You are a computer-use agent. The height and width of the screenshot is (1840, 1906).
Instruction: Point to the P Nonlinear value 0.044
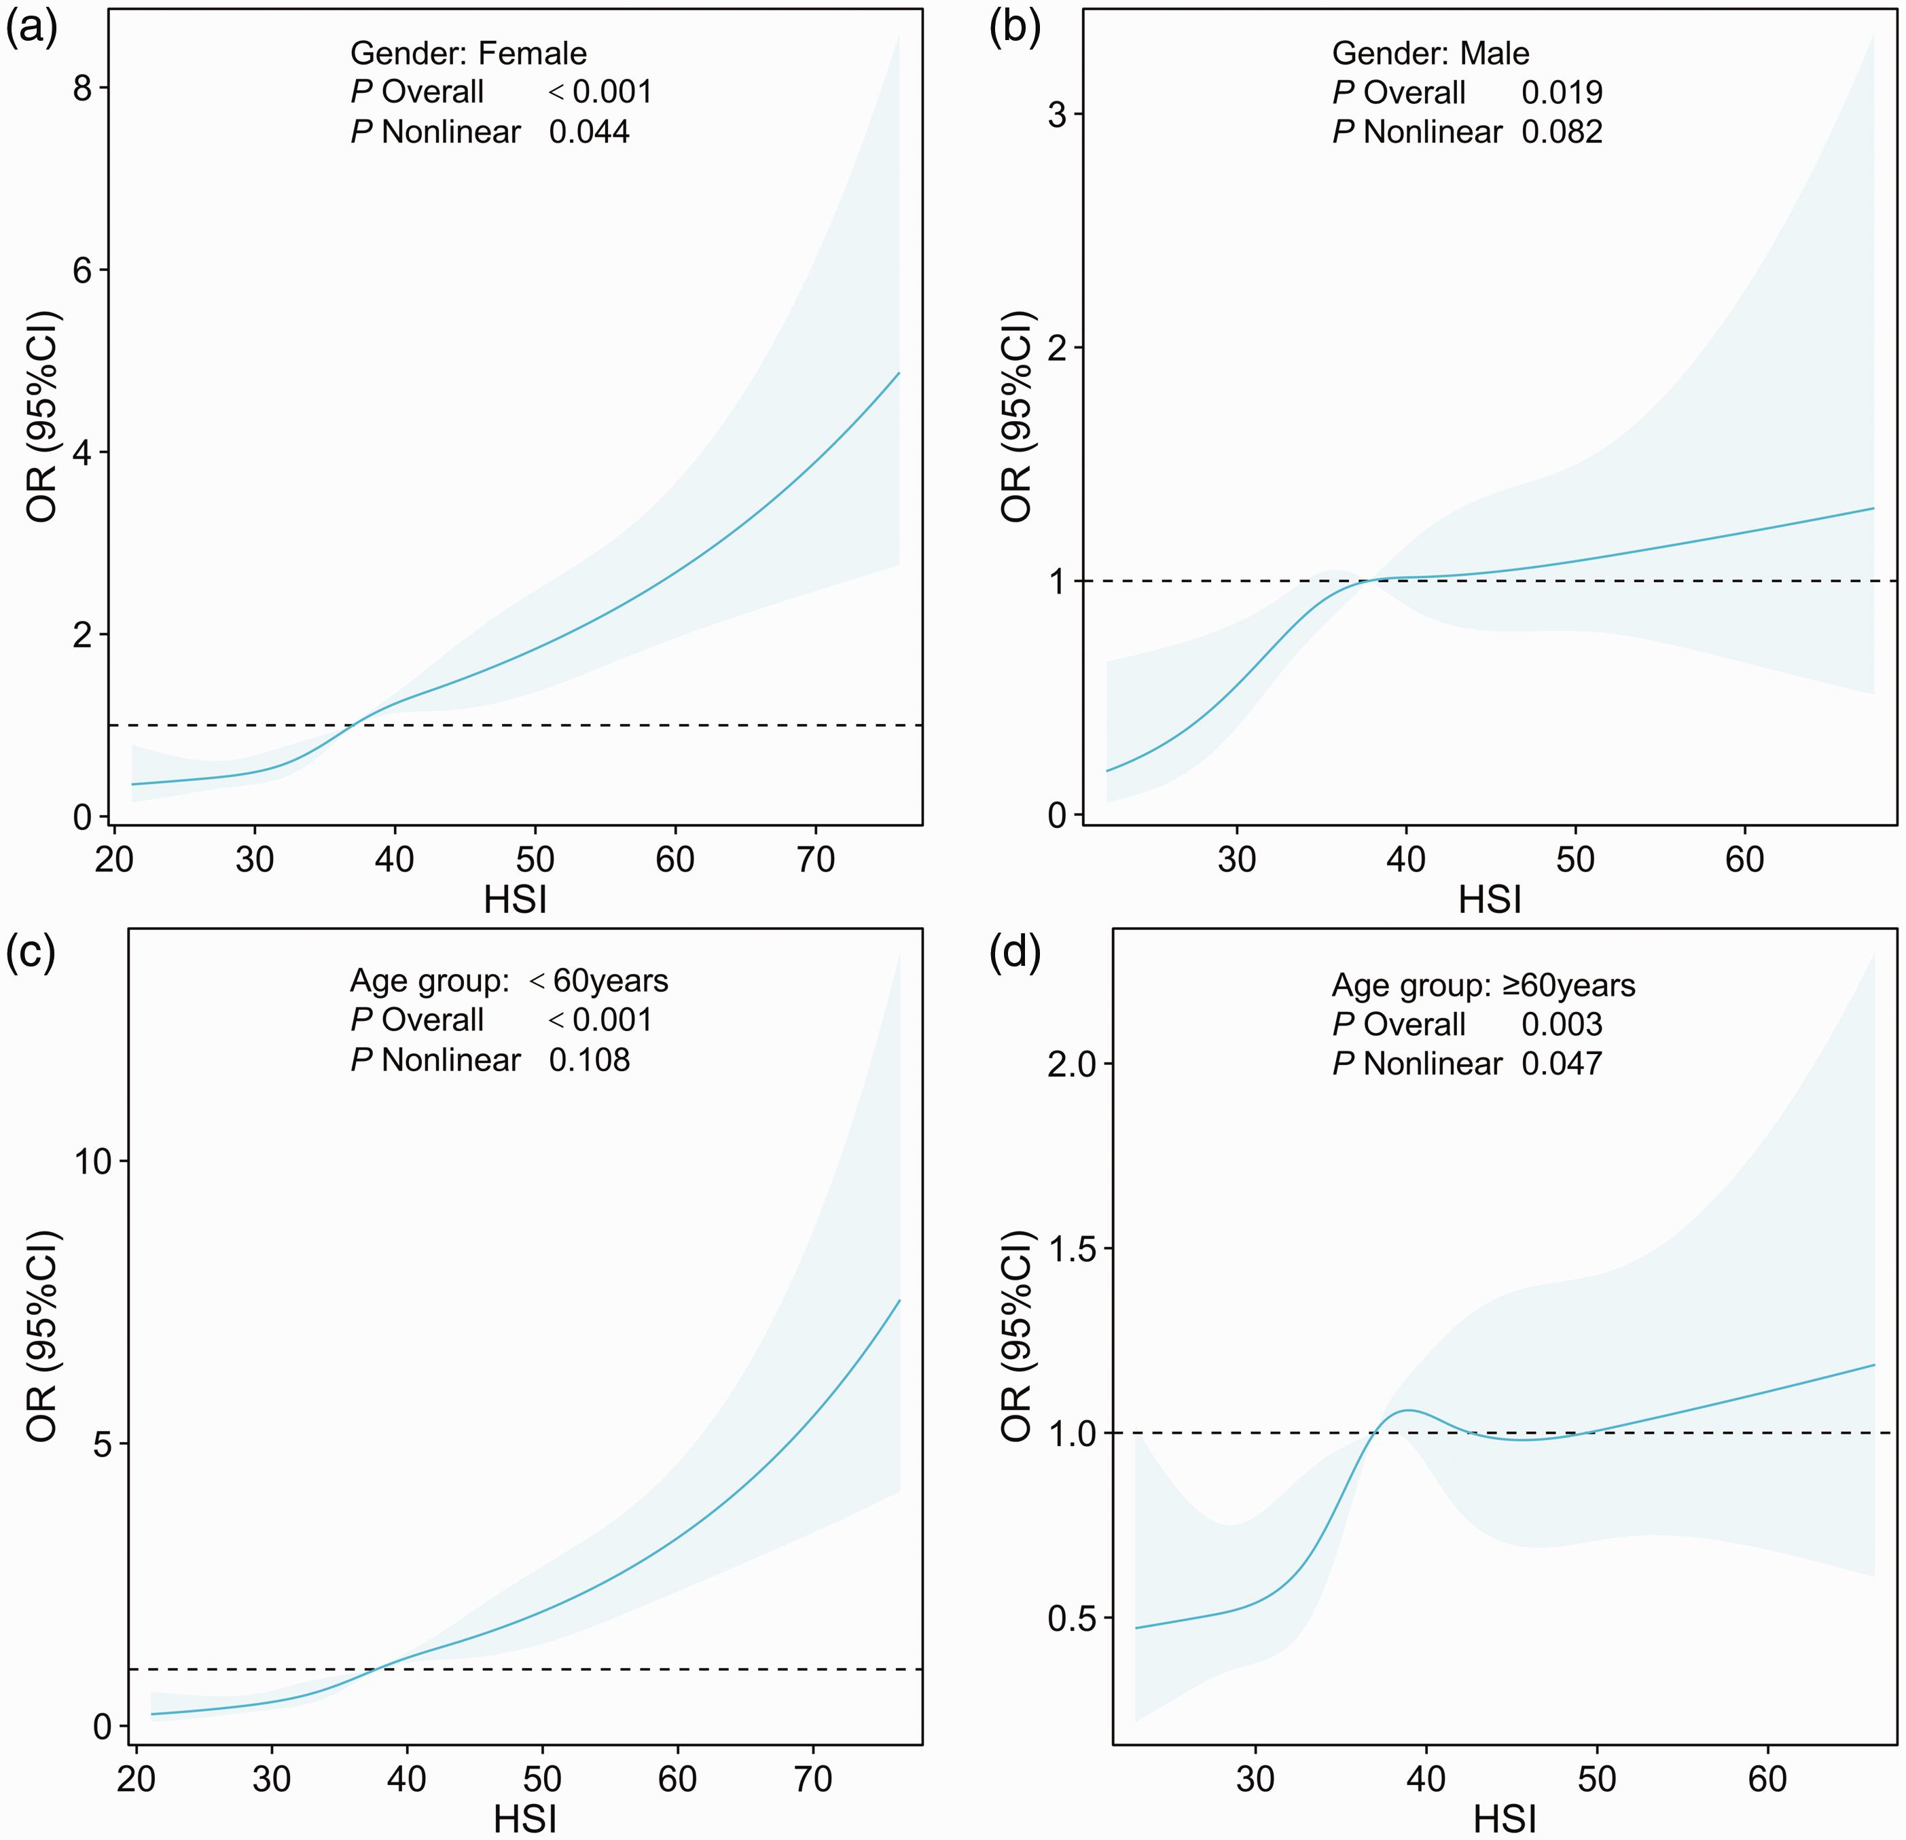[x=590, y=131]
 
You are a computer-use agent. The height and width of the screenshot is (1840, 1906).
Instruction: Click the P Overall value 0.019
[x=1562, y=92]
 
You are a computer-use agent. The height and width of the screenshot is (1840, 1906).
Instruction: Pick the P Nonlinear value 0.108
[x=590, y=1059]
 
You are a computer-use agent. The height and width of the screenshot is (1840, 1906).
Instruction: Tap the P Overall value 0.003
[x=1562, y=1024]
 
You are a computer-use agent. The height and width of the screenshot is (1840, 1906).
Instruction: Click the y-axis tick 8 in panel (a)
[x=83, y=88]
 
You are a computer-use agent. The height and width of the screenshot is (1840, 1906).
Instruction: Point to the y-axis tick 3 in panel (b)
[x=1057, y=115]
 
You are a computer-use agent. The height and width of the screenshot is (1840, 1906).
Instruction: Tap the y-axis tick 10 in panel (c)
[x=95, y=1161]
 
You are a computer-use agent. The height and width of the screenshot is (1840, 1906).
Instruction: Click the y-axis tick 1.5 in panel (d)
[x=1071, y=1248]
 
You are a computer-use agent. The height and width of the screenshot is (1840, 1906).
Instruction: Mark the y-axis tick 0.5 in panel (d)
[x=1071, y=1619]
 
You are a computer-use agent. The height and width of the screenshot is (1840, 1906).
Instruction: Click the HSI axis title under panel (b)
[x=1490, y=899]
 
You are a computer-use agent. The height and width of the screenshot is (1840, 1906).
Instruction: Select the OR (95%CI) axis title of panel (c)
[x=43, y=1336]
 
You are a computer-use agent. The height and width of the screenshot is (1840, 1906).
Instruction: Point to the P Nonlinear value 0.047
[x=1562, y=1063]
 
